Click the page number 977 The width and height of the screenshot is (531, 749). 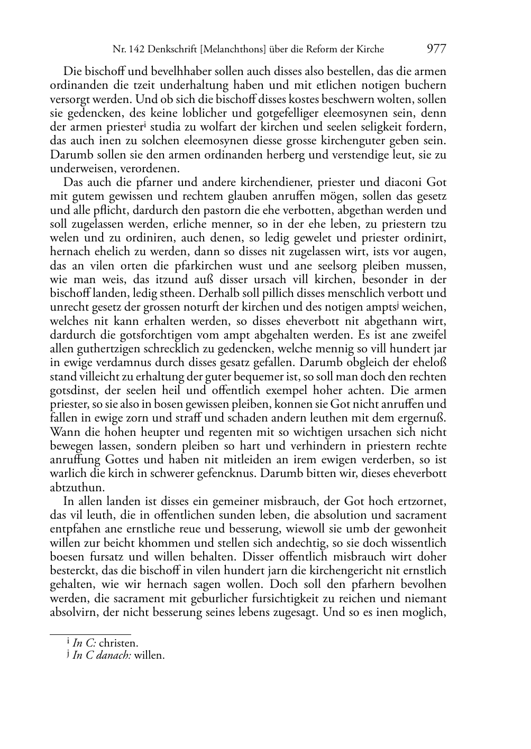(x=436, y=49)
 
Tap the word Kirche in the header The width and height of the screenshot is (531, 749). (x=370, y=50)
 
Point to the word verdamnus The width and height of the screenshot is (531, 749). (x=130, y=363)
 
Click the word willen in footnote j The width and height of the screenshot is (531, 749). (x=150, y=656)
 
